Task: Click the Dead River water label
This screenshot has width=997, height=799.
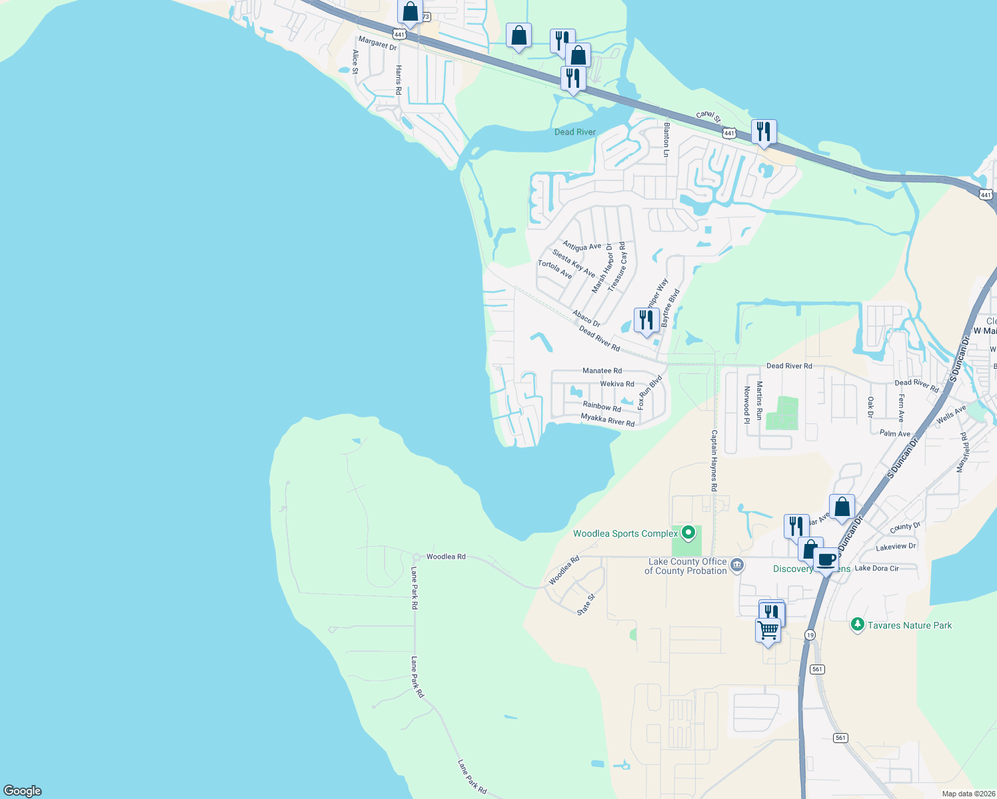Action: [x=574, y=132]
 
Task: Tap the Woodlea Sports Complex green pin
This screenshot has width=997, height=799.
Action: [x=689, y=533]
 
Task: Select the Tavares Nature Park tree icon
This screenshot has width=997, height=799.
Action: [x=857, y=625]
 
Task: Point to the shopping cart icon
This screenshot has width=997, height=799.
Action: [x=768, y=629]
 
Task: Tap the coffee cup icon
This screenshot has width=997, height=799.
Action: [x=826, y=559]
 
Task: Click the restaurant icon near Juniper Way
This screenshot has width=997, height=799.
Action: [x=646, y=320]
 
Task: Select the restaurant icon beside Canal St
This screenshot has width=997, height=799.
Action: [x=763, y=131]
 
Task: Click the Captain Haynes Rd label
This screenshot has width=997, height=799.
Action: [x=714, y=461]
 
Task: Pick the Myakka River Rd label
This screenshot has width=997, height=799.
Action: [x=607, y=419]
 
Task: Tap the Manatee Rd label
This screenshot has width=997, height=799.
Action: [x=602, y=371]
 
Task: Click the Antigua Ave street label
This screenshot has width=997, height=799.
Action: [x=581, y=246]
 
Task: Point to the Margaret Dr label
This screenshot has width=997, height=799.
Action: [x=377, y=43]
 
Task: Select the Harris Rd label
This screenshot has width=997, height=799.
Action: [x=399, y=79]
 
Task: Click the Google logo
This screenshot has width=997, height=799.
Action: [x=23, y=790]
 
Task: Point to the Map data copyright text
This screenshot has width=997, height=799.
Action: [x=968, y=794]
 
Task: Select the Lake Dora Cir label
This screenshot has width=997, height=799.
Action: [x=876, y=568]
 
